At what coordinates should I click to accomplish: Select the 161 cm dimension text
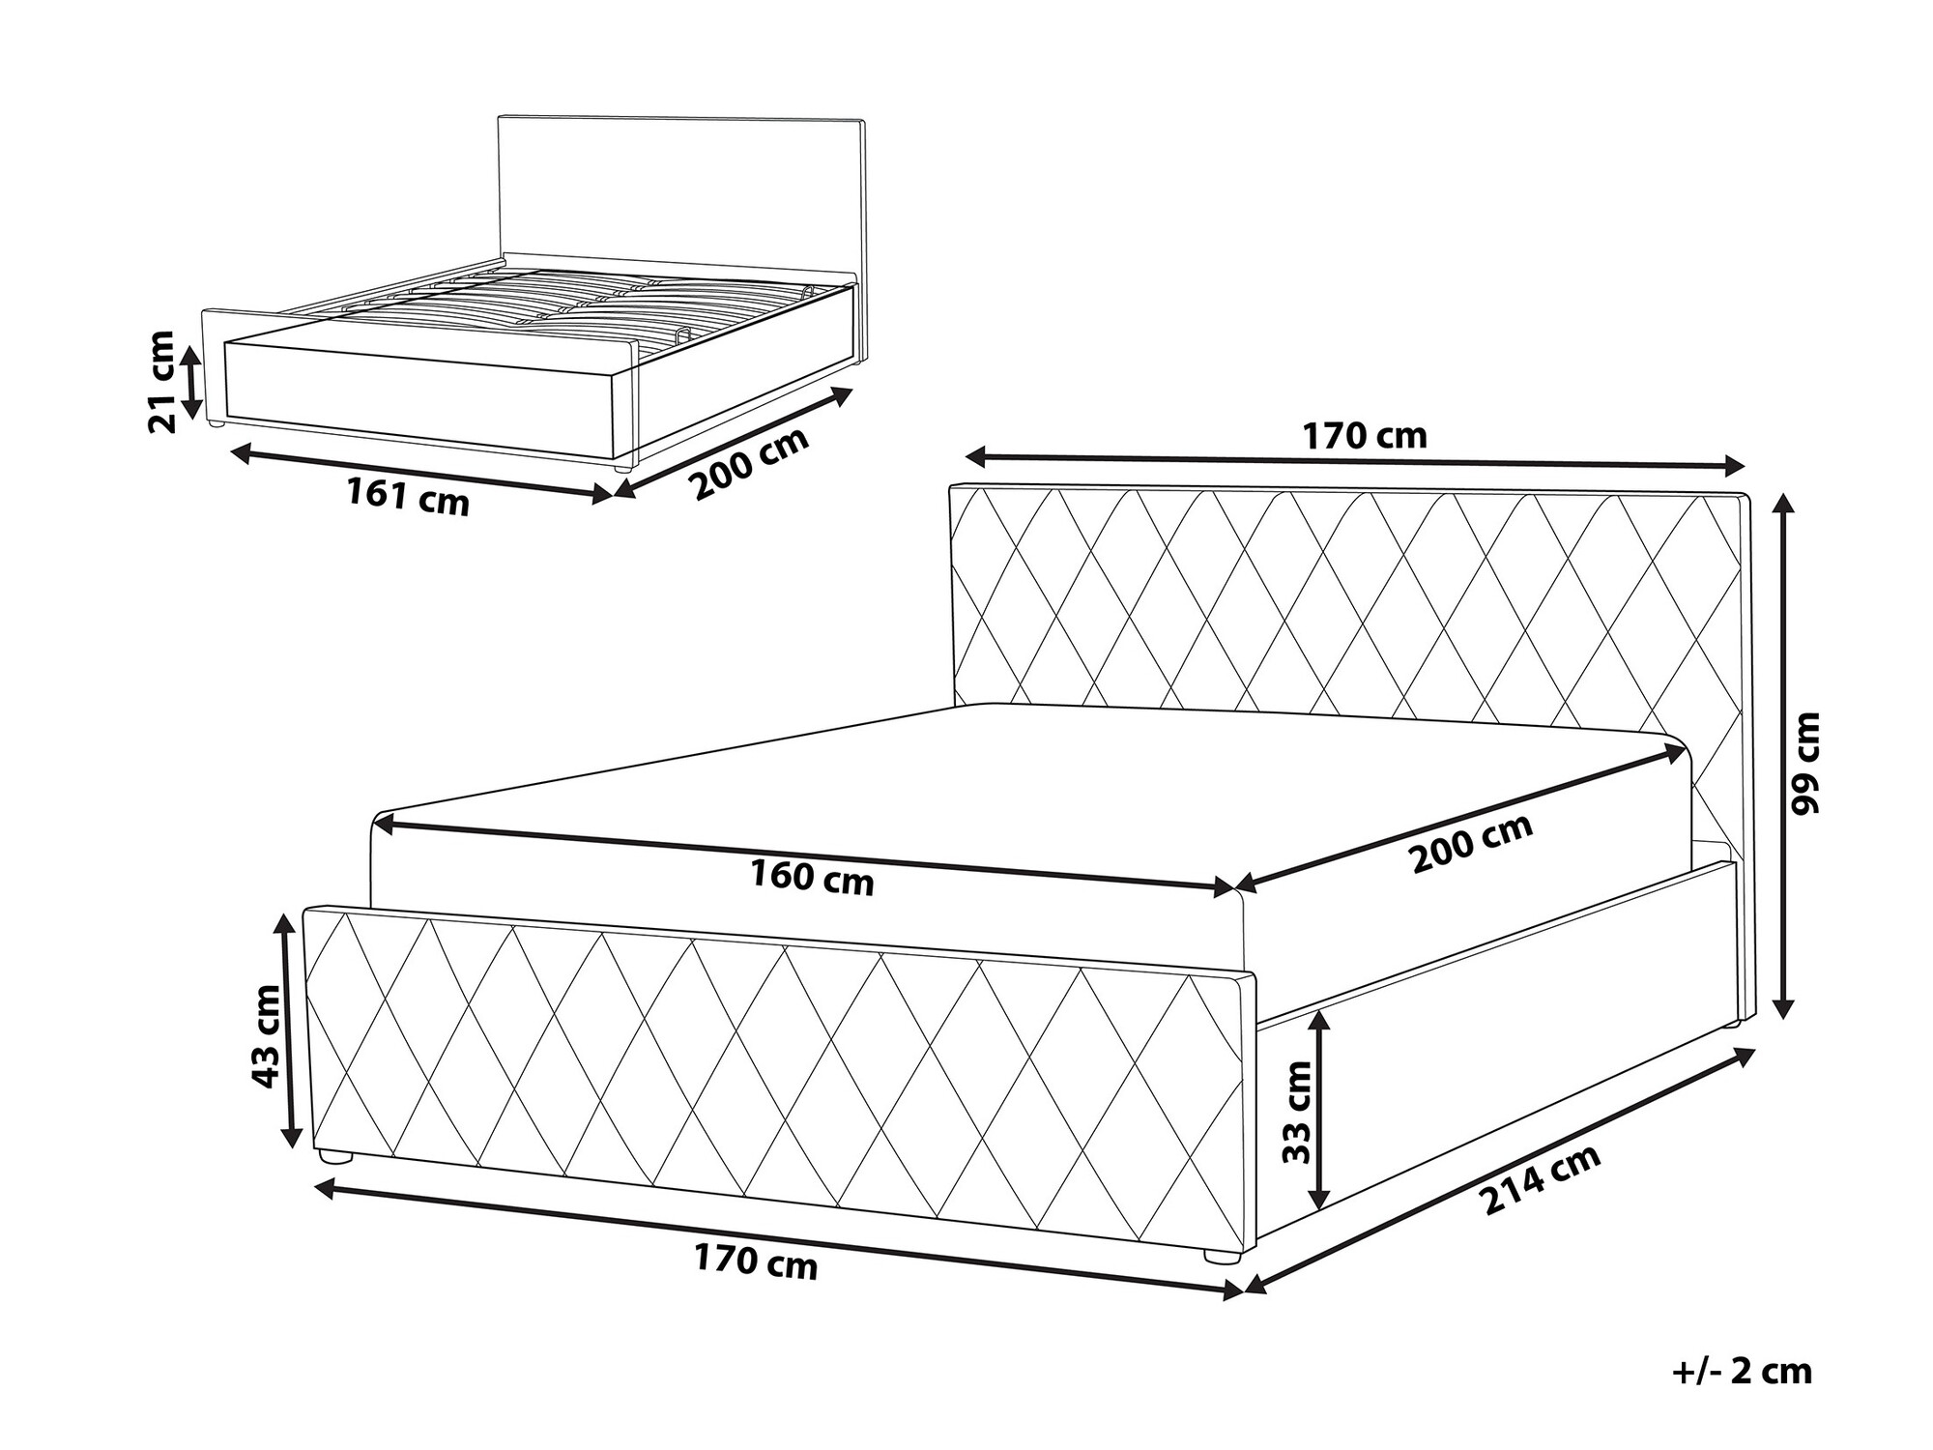(408, 497)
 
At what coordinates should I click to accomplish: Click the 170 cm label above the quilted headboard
(1364, 437)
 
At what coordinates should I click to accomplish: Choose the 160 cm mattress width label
(812, 879)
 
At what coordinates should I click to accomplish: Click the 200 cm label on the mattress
(1471, 843)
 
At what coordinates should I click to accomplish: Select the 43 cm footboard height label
(266, 1035)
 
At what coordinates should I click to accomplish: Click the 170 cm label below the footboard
(756, 1262)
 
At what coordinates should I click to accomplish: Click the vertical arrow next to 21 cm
(192, 381)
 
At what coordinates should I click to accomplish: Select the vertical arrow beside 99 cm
(1784, 755)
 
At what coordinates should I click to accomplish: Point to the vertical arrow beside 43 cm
(287, 1030)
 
